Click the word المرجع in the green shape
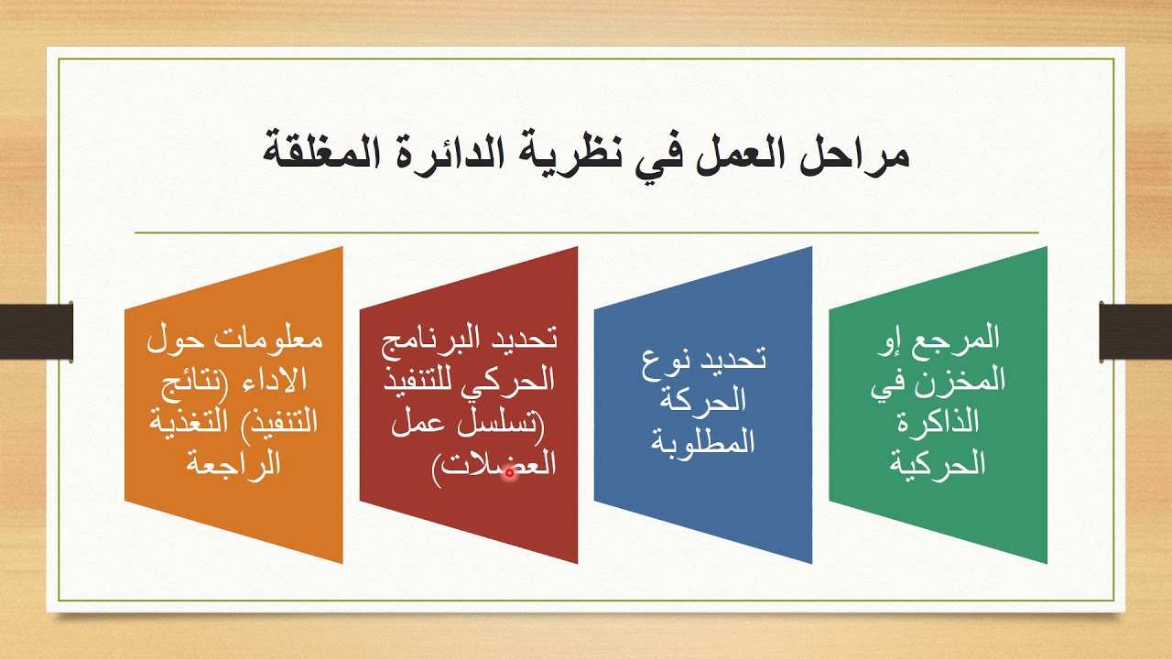[961, 339]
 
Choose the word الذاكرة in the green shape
[939, 422]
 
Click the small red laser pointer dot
[510, 473]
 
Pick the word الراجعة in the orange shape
[233, 463]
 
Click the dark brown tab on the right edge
[1135, 330]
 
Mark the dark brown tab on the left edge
[37, 330]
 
